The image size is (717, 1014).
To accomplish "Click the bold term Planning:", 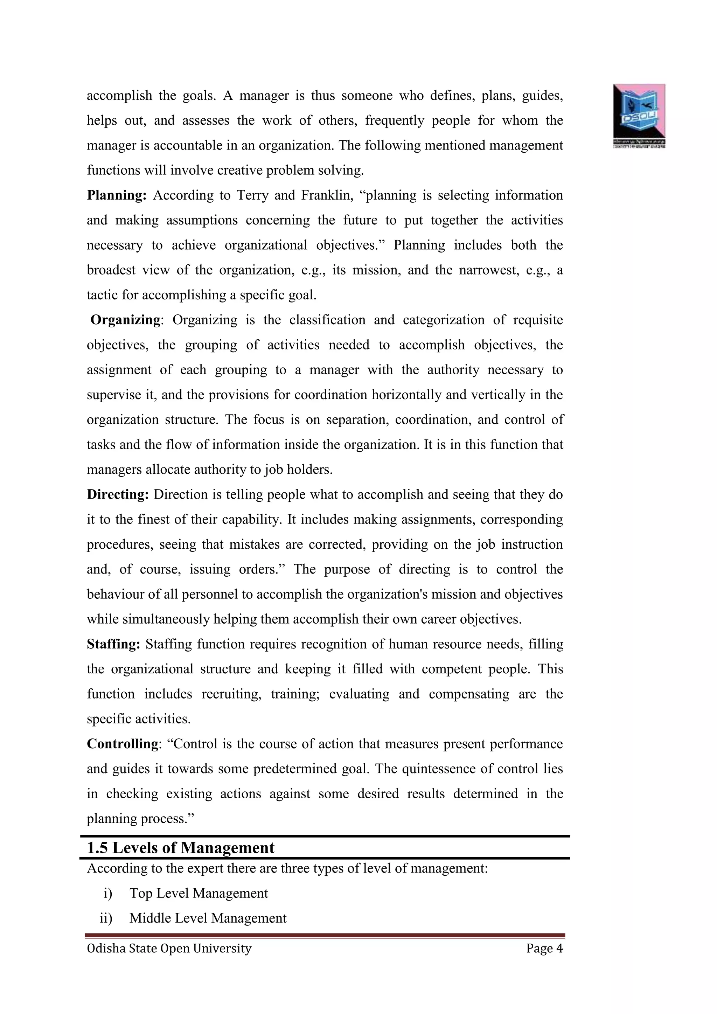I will pos(117,195).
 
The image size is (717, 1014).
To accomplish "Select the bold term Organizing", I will pos(125,320).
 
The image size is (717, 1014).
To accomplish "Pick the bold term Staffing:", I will pos(113,644).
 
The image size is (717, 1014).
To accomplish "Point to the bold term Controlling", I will pos(122,744).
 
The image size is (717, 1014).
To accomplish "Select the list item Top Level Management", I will pos(199,893).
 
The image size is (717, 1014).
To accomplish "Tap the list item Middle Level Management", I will pos(208,918).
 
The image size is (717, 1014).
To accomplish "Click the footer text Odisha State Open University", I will pos(169,948).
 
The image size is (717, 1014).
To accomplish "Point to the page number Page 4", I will pos(544,948).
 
